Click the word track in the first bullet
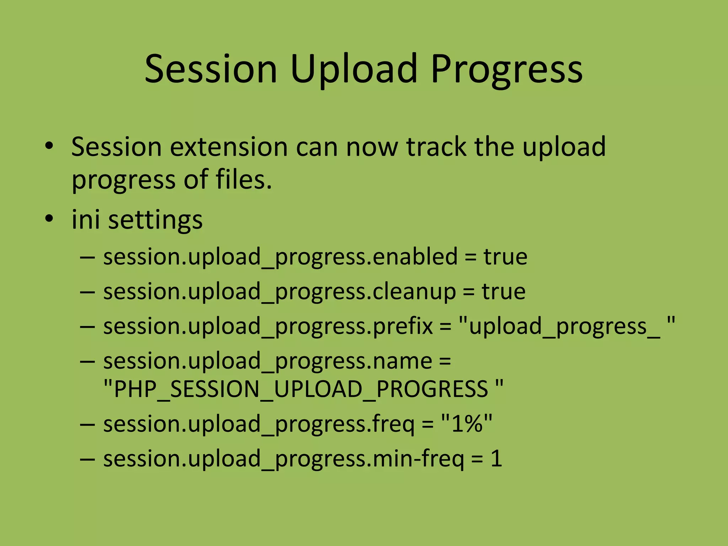pyautogui.click(x=436, y=147)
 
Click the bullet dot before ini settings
pyautogui.click(x=49, y=218)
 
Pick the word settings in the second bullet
pyautogui.click(x=155, y=220)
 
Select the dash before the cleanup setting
pyautogui.click(x=87, y=292)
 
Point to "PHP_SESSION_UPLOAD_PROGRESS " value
pyautogui.click(x=303, y=389)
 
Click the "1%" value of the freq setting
pyautogui.click(x=466, y=424)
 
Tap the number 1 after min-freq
pyautogui.click(x=496, y=459)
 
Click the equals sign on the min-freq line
pyautogui.click(x=477, y=459)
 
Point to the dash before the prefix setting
pyautogui.click(x=87, y=327)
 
